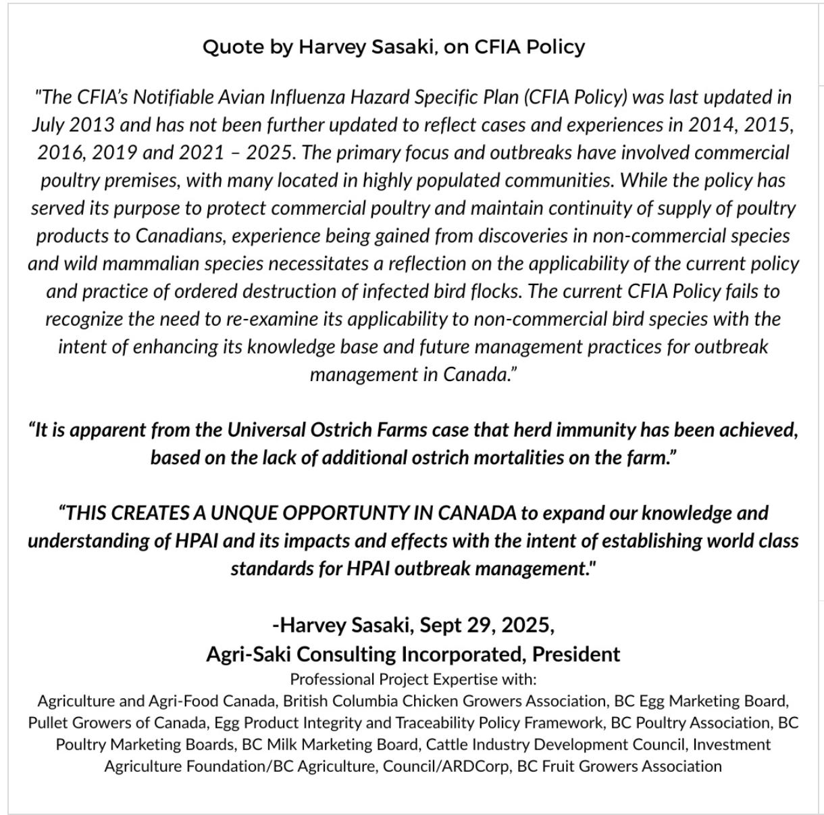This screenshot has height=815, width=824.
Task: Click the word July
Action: (47, 125)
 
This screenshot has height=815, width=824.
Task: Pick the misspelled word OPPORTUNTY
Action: (345, 513)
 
